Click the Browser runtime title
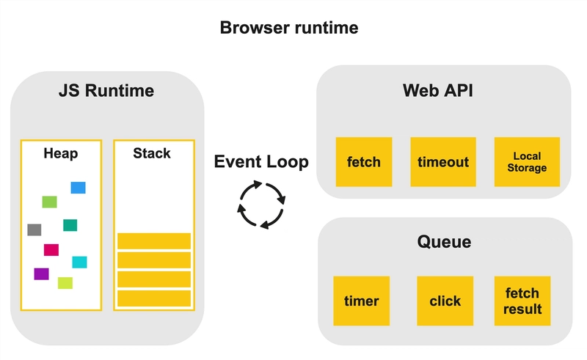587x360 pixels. [x=289, y=28]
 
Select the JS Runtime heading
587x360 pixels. [x=106, y=91]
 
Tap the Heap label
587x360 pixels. [x=61, y=153]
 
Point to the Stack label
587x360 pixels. [x=152, y=153]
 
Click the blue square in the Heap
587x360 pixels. [x=79, y=188]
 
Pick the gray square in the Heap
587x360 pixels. [x=34, y=229]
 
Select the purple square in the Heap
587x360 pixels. [x=41, y=274]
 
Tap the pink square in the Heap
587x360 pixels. [x=51, y=249]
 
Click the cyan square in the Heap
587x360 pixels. [x=79, y=262]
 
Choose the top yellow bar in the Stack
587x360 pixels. [x=154, y=241]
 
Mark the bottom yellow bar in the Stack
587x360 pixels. [x=154, y=298]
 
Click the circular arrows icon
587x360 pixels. [x=261, y=205]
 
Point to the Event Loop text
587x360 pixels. [x=261, y=161]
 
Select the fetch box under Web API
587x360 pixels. [x=364, y=161]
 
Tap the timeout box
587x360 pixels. [x=443, y=161]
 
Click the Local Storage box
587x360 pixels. [x=527, y=161]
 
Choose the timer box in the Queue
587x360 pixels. [x=362, y=301]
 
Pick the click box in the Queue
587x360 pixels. [x=445, y=301]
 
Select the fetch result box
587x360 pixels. [x=522, y=301]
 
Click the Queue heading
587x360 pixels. [x=445, y=242]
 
